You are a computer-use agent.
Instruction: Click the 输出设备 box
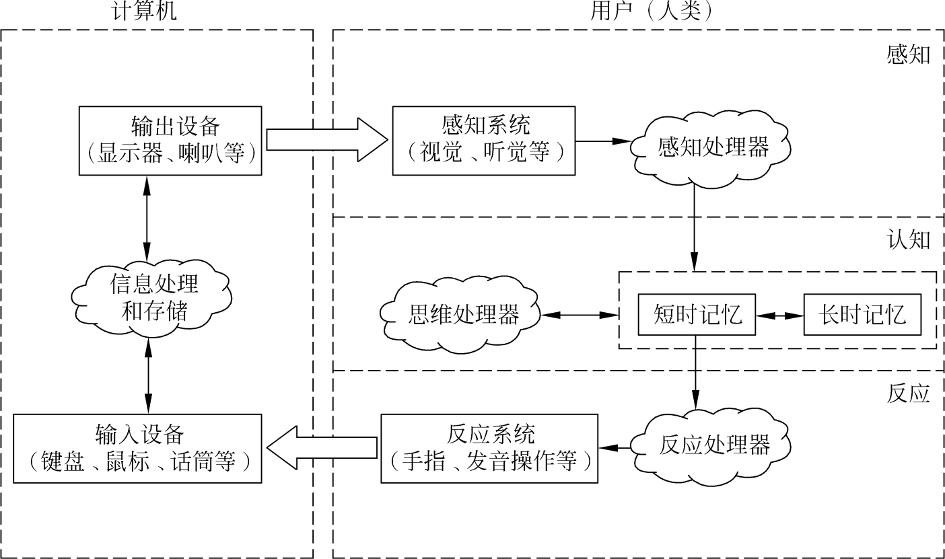pyautogui.click(x=170, y=141)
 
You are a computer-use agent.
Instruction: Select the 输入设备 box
pyautogui.click(x=138, y=448)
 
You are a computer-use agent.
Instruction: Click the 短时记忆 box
pyautogui.click(x=697, y=314)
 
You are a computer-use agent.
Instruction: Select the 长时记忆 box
pyautogui.click(x=862, y=314)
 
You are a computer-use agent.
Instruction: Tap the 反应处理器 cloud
pyautogui.click(x=714, y=445)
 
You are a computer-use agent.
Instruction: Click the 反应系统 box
pyautogui.click(x=489, y=448)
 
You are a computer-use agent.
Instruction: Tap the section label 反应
pyautogui.click(x=908, y=394)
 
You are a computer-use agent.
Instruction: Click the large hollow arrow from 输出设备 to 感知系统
pyautogui.click(x=327, y=140)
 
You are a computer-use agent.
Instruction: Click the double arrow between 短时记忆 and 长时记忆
pyautogui.click(x=779, y=314)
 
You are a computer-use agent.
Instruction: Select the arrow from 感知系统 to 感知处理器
pyautogui.click(x=603, y=141)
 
